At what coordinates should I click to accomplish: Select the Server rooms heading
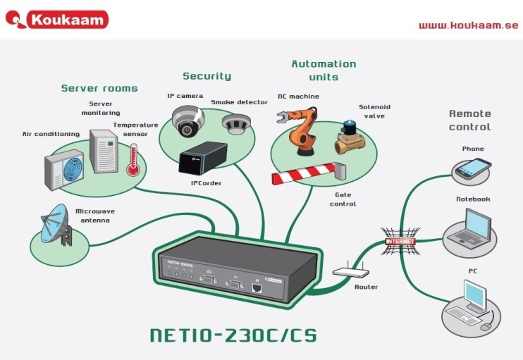coord(99,88)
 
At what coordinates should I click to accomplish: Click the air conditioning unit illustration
coord(64,168)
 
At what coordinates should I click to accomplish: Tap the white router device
coord(350,272)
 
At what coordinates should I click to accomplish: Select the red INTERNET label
coord(400,241)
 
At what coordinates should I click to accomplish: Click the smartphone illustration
coord(473,168)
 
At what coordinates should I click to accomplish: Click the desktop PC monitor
coord(474,295)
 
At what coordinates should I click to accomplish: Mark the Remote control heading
coord(469,120)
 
